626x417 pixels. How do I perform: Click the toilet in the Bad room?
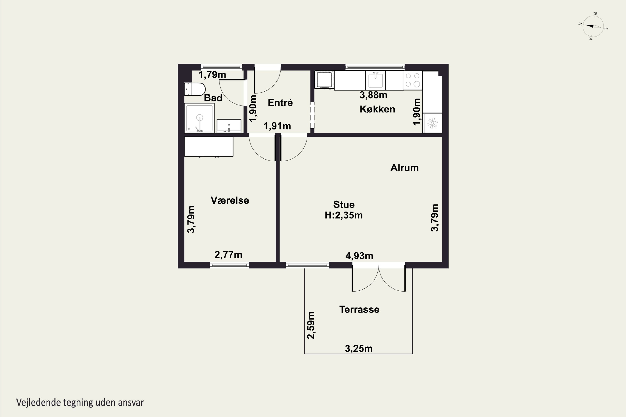tap(195, 89)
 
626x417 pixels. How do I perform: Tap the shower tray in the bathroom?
tap(199, 118)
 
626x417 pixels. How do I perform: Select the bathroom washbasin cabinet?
tap(229, 126)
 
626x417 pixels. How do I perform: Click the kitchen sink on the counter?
tap(375, 80)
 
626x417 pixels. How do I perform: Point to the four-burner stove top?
tap(412, 80)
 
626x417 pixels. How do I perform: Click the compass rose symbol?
tap(593, 26)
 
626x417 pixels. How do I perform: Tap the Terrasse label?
tap(359, 310)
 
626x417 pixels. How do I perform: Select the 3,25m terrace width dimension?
tap(359, 349)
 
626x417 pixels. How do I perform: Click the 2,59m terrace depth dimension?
tap(311, 325)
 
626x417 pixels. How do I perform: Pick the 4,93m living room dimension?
tap(359, 256)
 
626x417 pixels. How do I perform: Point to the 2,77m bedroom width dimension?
tap(228, 255)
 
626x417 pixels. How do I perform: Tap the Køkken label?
tap(377, 109)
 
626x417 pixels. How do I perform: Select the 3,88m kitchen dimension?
tap(373, 95)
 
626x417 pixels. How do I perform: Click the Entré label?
tap(280, 102)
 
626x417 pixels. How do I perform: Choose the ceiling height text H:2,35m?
tap(343, 215)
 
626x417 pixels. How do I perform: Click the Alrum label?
tap(404, 168)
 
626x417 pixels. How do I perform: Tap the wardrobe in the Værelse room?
tap(209, 146)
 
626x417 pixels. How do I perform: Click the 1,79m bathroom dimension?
tap(212, 75)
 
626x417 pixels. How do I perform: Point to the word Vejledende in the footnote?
tap(39, 402)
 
